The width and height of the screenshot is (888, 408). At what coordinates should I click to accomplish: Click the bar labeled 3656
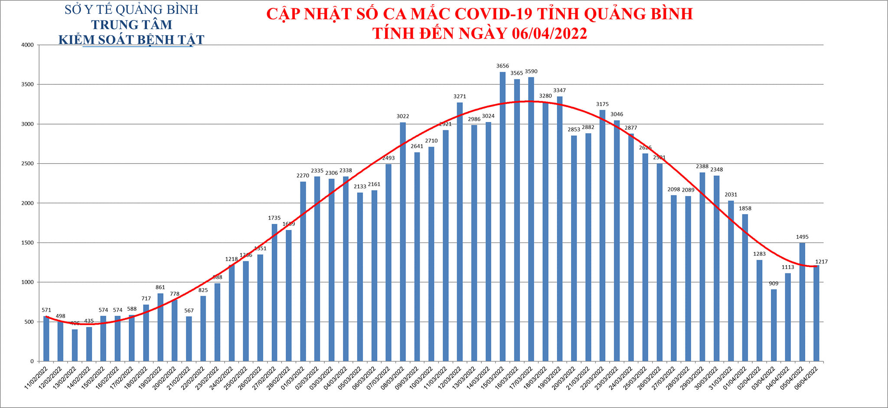503,217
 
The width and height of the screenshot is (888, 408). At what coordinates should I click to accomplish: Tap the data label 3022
403,116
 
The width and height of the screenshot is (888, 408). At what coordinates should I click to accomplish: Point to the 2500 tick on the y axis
28,164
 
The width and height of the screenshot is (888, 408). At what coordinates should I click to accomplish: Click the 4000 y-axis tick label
28,45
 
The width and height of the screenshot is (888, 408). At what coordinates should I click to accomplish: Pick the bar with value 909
774,326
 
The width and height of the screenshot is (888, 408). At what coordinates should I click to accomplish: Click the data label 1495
802,237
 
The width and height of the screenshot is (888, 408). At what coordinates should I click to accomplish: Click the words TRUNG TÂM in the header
131,25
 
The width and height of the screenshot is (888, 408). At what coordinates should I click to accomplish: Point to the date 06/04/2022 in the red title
549,33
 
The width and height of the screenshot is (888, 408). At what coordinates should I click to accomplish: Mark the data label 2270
303,176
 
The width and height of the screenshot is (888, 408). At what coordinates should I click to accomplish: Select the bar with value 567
189,339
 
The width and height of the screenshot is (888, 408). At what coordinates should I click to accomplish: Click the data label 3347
559,91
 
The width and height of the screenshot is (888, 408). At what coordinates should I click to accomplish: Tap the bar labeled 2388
702,267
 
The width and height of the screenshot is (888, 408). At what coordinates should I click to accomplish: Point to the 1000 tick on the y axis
28,282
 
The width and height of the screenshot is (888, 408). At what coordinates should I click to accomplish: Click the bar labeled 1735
274,293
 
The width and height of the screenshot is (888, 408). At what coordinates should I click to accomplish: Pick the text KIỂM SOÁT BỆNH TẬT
131,40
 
